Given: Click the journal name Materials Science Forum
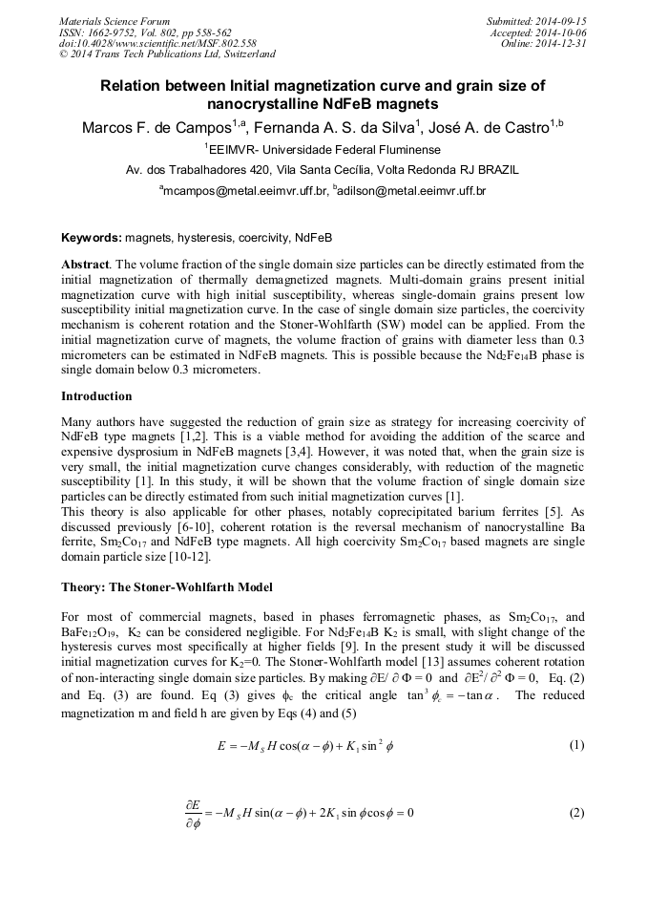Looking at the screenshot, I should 115,20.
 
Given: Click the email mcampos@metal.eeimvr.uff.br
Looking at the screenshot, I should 245,191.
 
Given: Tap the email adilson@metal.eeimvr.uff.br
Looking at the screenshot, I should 412,191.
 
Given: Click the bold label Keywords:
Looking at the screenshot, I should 91,237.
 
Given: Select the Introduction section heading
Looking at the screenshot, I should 96,395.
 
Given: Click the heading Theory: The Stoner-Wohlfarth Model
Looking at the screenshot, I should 167,586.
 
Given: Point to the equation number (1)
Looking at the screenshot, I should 575,745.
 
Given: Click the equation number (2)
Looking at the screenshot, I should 575,813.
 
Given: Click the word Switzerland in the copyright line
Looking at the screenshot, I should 243,54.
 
